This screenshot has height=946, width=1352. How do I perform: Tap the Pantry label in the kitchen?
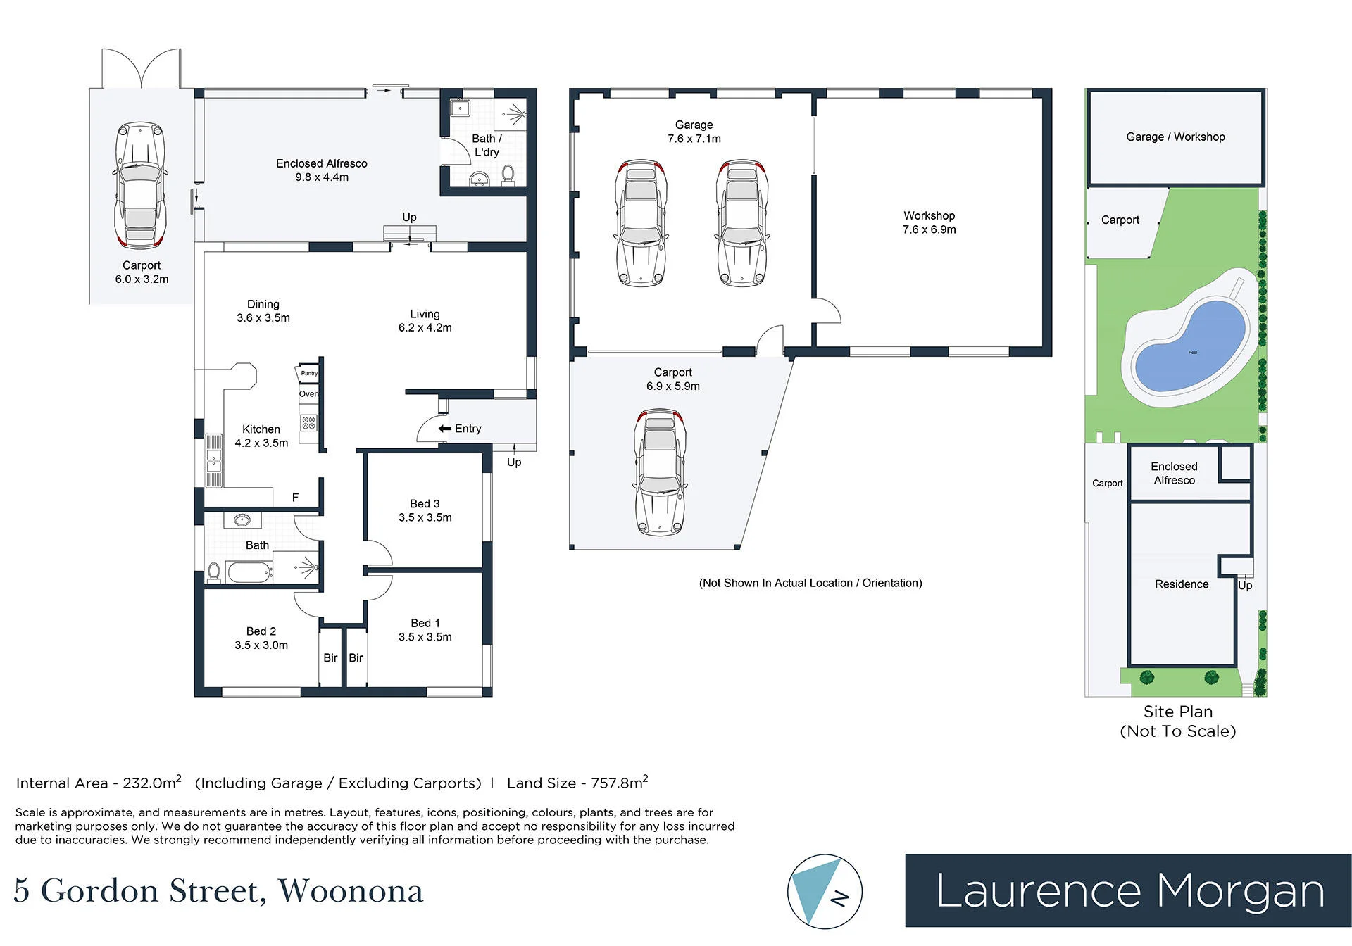309,373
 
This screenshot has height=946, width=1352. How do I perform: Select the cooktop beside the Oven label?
308,422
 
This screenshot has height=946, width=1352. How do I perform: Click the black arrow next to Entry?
444,429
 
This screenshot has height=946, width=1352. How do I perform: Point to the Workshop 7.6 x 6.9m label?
930,222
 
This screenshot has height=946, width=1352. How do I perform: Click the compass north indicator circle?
825,892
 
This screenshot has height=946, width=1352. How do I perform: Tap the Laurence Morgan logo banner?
1128,890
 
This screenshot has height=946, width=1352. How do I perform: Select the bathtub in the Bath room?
250,572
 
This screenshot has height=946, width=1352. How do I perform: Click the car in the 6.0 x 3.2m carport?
140,185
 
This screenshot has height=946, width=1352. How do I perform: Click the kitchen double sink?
213,460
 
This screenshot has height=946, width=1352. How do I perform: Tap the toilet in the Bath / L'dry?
508,174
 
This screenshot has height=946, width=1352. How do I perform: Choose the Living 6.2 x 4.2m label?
425,321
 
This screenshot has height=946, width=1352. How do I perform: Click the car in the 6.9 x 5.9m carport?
660,472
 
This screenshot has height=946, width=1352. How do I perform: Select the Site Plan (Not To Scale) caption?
1178,721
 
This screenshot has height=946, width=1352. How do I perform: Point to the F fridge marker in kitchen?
295,498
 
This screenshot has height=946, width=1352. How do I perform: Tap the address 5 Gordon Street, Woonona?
219,891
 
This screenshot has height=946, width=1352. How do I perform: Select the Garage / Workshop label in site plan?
1175,137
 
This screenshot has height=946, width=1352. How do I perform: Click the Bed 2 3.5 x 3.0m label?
261,638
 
